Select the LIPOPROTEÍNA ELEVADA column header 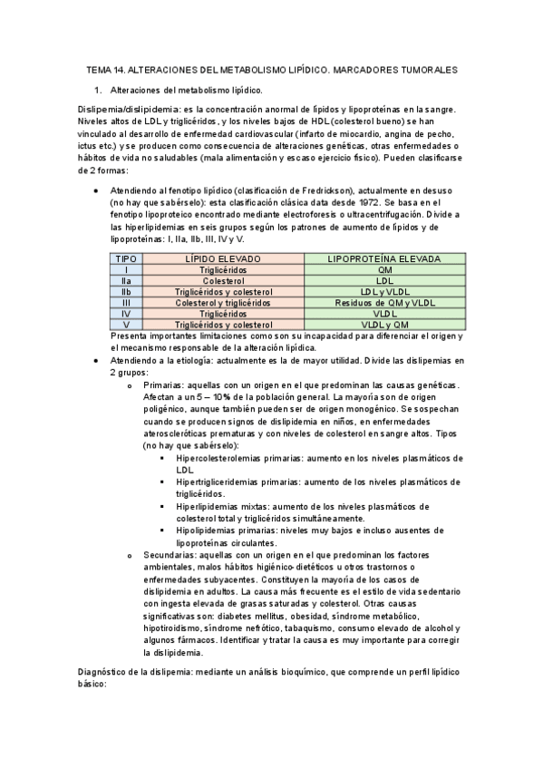tap(384, 258)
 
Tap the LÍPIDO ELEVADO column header tap(222, 258)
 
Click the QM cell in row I tap(384, 270)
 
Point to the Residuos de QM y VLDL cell tap(384, 303)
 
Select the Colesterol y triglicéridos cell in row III tap(222, 303)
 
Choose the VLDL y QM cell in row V tap(384, 325)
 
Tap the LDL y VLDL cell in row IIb tap(384, 292)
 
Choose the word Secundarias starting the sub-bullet tap(170, 554)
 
